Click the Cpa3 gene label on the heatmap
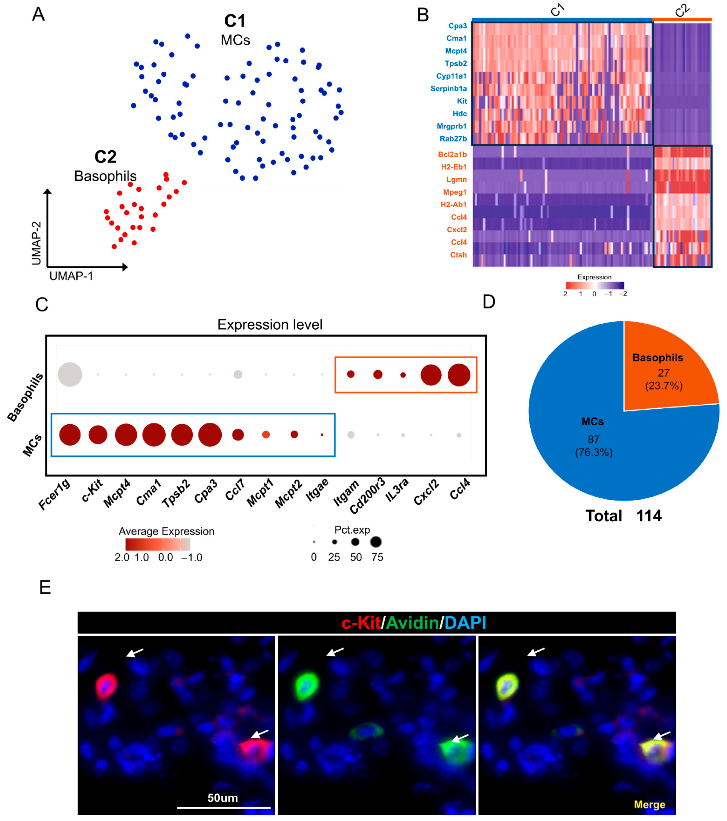click(x=457, y=26)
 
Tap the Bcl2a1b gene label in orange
click(x=452, y=154)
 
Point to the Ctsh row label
click(x=458, y=255)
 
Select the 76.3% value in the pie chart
click(x=594, y=452)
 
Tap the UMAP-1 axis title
click(x=71, y=276)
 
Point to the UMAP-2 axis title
click(x=37, y=243)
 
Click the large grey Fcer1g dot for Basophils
click(x=70, y=374)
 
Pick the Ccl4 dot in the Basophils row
click(x=459, y=375)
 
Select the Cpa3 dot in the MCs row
click(x=210, y=435)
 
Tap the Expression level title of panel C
click(x=270, y=324)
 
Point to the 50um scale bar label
click(x=223, y=798)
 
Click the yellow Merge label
click(x=649, y=804)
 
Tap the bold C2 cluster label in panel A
click(x=105, y=157)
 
